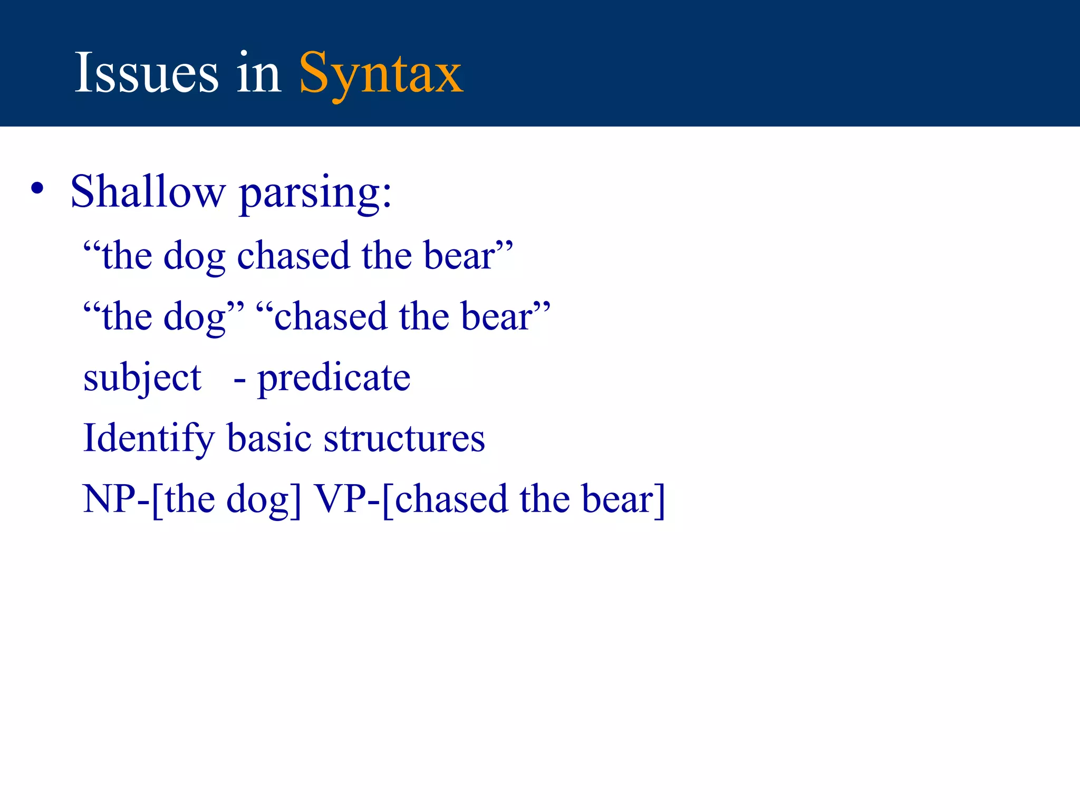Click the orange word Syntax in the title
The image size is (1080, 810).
coord(381,74)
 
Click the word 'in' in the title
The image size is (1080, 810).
coord(258,74)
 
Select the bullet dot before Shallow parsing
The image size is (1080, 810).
coord(37,189)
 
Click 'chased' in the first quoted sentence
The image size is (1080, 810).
coord(294,255)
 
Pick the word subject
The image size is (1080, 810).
coord(142,378)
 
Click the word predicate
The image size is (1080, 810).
coord(334,378)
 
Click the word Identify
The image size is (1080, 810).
coord(149,439)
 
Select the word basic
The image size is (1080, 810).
coord(269,438)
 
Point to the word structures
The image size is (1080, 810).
coord(404,439)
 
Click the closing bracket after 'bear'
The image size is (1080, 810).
coord(660,500)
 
